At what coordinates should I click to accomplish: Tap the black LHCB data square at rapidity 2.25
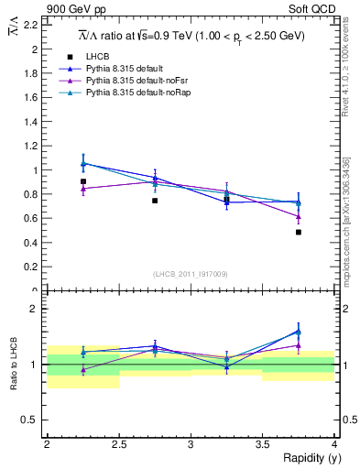coord(82,181)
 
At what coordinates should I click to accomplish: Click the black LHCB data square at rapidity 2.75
coord(155,201)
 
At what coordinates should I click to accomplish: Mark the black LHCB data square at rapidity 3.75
coord(299,232)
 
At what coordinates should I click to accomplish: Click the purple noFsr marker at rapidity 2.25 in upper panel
coord(82,189)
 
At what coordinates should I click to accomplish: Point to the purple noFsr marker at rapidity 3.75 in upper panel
coord(299,217)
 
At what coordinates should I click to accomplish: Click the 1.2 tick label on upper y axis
coord(34,146)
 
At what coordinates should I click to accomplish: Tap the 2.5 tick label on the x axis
coord(119,444)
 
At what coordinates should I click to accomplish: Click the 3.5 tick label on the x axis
coord(263,444)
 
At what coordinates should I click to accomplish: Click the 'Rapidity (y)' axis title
coord(311,458)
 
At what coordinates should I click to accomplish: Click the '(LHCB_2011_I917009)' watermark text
coord(191,274)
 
